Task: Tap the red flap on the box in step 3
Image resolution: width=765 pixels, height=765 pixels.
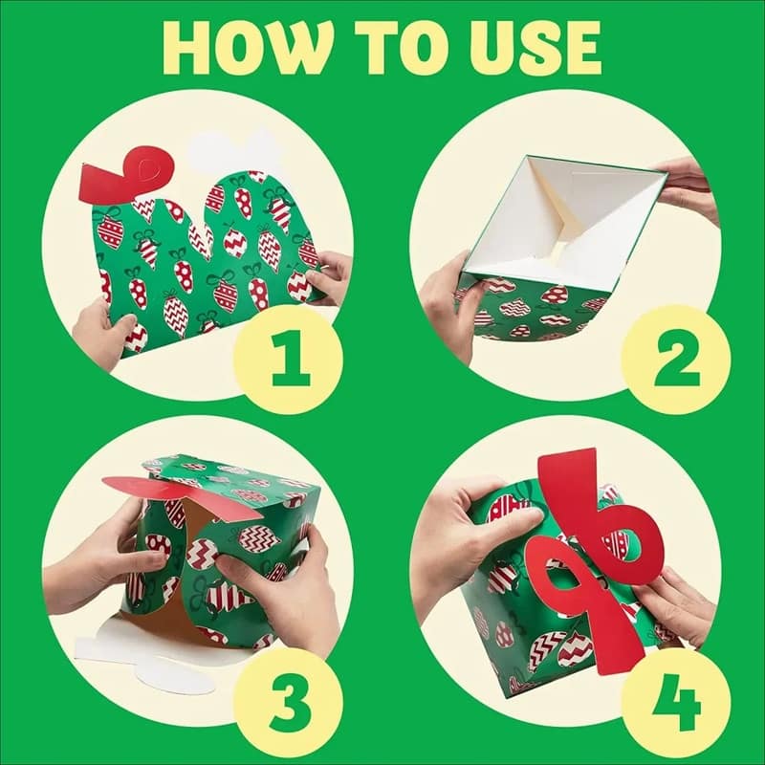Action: [158, 490]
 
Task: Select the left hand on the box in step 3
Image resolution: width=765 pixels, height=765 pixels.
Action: [129, 545]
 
